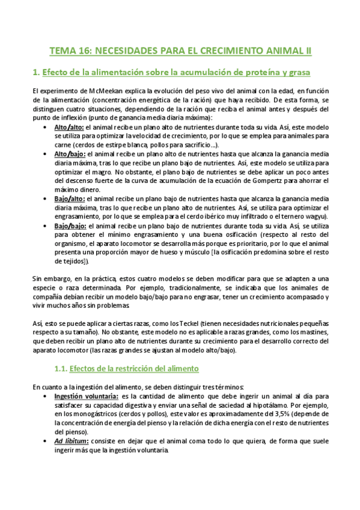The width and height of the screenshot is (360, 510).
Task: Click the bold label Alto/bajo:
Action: (69, 155)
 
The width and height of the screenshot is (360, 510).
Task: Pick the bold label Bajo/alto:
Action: (70, 198)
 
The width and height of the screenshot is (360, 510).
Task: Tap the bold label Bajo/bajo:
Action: (70, 226)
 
